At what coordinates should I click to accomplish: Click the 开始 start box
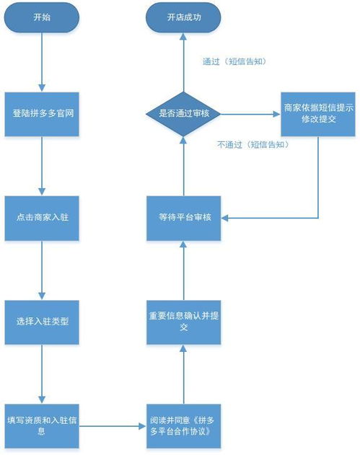click(42, 18)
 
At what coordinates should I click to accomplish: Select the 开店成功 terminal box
click(183, 18)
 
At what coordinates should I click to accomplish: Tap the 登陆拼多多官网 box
click(42, 114)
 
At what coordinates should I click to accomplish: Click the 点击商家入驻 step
click(42, 218)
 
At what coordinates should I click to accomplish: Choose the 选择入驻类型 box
click(42, 321)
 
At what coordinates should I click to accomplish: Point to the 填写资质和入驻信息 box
click(42, 425)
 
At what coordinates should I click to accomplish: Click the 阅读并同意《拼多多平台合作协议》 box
click(183, 425)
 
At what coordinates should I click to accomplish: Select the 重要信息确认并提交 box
click(183, 322)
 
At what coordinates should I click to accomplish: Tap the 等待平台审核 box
click(183, 218)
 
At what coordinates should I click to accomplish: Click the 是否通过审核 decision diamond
click(183, 114)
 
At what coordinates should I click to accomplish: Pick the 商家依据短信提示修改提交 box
click(318, 114)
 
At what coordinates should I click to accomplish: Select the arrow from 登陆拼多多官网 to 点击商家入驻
click(42, 166)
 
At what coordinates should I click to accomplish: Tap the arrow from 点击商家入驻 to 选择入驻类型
click(42, 270)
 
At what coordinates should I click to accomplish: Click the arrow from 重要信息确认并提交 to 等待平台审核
click(183, 270)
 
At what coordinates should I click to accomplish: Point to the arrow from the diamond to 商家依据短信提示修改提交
click(250, 114)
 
